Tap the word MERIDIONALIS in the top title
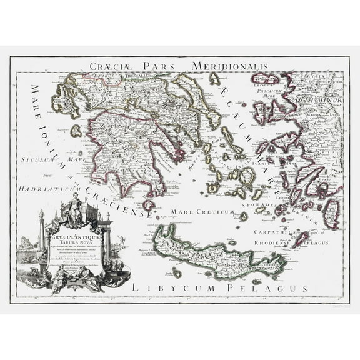pos(229,66)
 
